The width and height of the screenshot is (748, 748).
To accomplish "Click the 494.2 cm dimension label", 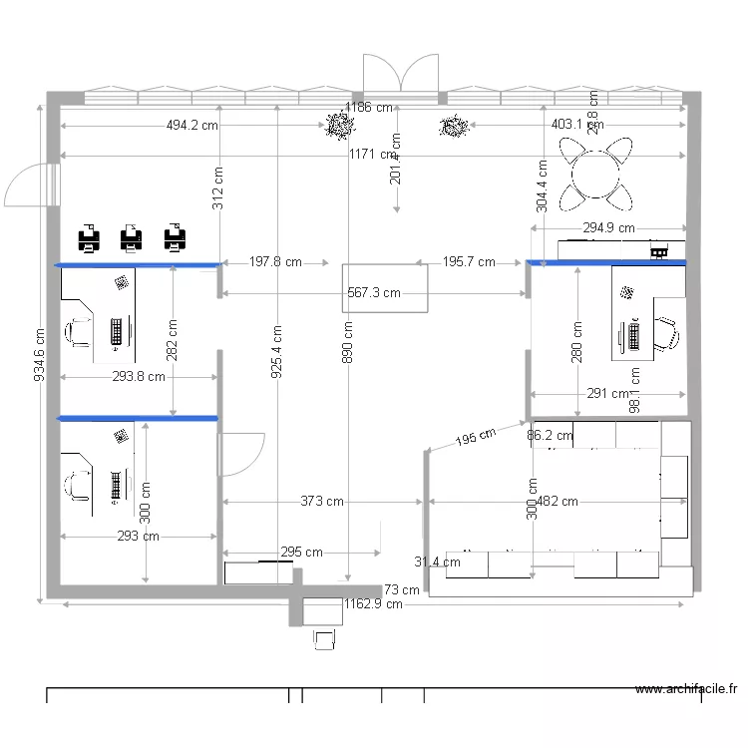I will [191, 126].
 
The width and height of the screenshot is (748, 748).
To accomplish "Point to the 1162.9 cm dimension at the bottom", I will [373, 603].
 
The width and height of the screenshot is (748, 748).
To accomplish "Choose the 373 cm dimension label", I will [322, 502].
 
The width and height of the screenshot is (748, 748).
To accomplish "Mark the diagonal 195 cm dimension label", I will [476, 438].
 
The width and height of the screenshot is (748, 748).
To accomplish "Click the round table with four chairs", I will [595, 174].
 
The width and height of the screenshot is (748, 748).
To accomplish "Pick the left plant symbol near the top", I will [340, 126].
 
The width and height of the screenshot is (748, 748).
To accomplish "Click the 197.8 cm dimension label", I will [275, 262].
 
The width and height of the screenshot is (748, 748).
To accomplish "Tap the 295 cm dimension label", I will [301, 552].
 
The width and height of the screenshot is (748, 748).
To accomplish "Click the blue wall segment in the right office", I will [606, 263].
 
